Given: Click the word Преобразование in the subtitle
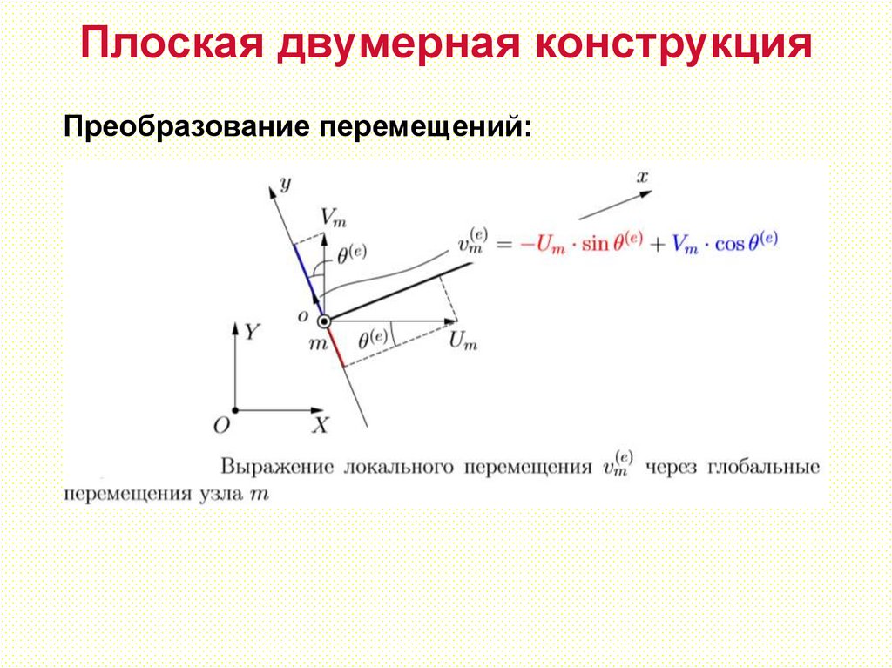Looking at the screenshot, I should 185,127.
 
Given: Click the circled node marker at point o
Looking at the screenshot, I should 324,322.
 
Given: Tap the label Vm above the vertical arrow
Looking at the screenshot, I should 332,216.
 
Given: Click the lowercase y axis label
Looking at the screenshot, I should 284,182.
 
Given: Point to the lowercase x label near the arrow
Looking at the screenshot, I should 642,178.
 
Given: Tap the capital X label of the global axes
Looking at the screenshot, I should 321,426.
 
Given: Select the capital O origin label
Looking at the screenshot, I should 221,425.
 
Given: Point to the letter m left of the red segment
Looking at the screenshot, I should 317,344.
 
